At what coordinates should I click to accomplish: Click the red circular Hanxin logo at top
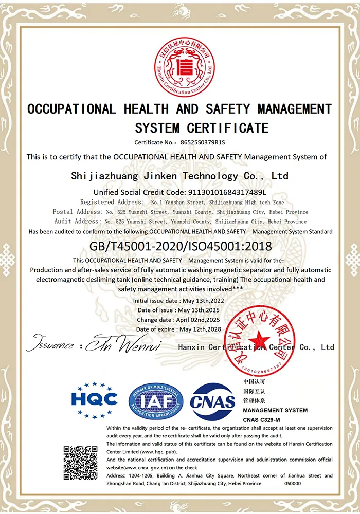point(184,64)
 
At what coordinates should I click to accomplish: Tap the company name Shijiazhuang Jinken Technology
point(179,176)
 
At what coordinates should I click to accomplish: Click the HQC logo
point(94,399)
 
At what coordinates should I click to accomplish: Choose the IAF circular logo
point(156,401)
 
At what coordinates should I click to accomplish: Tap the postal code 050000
point(294,483)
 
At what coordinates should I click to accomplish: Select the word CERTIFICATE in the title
point(228,127)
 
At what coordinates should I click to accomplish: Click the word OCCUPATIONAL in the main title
point(71,109)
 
